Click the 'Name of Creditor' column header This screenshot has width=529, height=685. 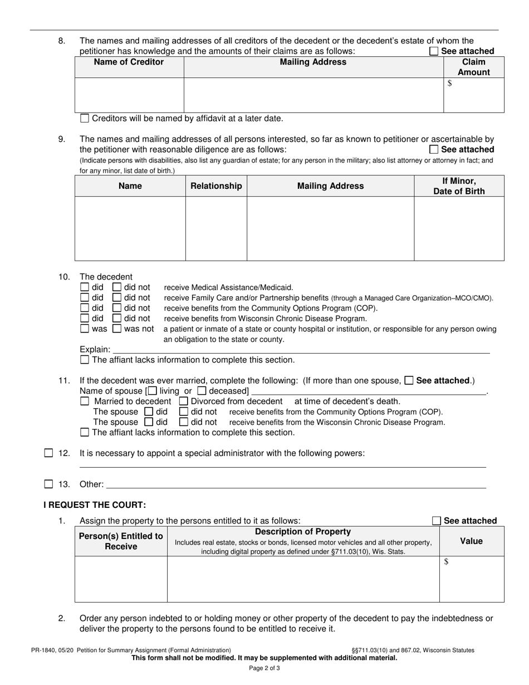tap(129, 62)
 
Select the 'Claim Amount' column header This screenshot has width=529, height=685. tap(473, 67)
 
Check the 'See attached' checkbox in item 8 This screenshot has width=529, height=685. tap(434, 51)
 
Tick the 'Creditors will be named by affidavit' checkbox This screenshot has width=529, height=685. tap(85, 118)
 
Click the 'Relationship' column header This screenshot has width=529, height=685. tap(216, 186)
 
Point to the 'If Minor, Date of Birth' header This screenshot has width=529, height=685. tap(459, 186)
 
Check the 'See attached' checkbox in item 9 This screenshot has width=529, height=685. tap(434, 149)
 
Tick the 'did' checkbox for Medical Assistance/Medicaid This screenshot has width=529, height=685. tap(85, 287)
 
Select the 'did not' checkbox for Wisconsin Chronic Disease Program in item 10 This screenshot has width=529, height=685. tap(117, 319)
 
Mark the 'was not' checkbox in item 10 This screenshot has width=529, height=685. tap(117, 329)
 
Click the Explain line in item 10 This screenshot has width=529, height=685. tap(301, 350)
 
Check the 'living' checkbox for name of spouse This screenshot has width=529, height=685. tap(153, 391)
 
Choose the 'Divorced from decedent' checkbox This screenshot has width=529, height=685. tap(184, 401)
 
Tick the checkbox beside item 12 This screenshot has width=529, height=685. tap(48, 453)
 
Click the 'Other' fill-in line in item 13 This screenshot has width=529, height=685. tap(295, 484)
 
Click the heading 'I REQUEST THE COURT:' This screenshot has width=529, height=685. tap(95, 505)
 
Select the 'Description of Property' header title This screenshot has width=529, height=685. tap(303, 532)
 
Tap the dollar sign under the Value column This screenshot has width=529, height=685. tap(447, 562)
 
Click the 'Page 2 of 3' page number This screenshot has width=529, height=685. tap(264, 668)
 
